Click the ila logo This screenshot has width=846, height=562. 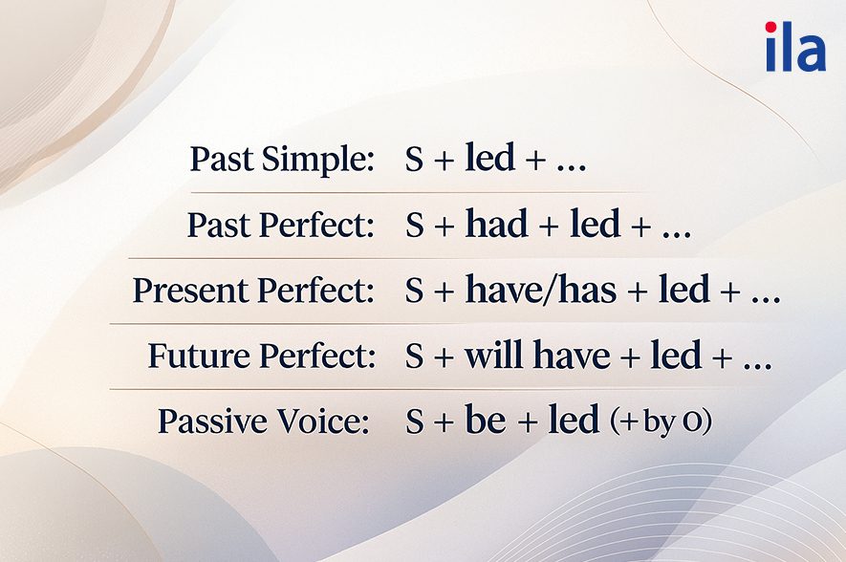(x=794, y=48)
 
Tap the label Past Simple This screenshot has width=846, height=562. (x=282, y=160)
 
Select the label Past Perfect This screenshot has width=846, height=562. (x=280, y=226)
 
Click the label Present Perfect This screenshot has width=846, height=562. (x=253, y=292)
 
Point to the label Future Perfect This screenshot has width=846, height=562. (x=261, y=357)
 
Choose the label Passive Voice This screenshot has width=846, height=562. (x=264, y=421)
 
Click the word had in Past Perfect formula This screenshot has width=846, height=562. (x=496, y=225)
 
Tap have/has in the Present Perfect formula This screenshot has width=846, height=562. (x=540, y=291)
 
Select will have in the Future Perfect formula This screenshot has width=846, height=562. (x=537, y=356)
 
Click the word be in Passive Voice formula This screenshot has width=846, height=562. (x=485, y=421)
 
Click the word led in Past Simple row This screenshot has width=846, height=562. (x=489, y=159)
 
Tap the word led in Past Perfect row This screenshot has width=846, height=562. (x=594, y=225)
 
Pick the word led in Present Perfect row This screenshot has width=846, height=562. (x=683, y=291)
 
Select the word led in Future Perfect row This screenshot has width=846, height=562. (x=676, y=356)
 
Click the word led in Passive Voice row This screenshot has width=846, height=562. (x=574, y=421)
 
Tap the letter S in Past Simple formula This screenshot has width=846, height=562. (x=414, y=161)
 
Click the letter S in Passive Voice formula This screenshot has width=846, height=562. (x=414, y=422)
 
